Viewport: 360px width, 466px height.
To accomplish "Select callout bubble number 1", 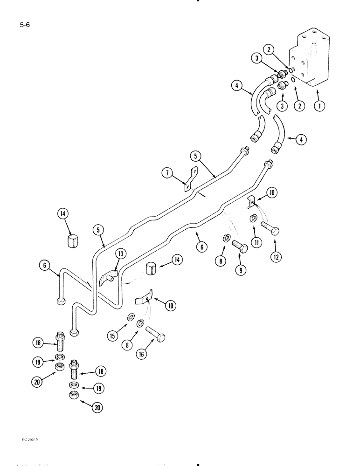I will pyautogui.click(x=320, y=106).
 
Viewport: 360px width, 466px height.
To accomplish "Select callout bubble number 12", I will pyautogui.click(x=275, y=256).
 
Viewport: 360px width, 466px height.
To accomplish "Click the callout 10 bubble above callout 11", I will pyautogui.click(x=272, y=192).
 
